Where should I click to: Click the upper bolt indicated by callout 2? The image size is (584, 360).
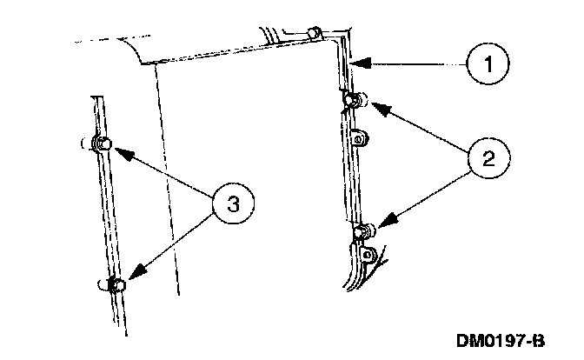pos(352,101)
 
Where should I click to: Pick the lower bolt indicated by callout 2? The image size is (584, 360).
pos(365,231)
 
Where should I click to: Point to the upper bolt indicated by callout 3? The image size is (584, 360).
pos(102,144)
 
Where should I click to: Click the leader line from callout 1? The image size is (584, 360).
pos(413,63)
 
